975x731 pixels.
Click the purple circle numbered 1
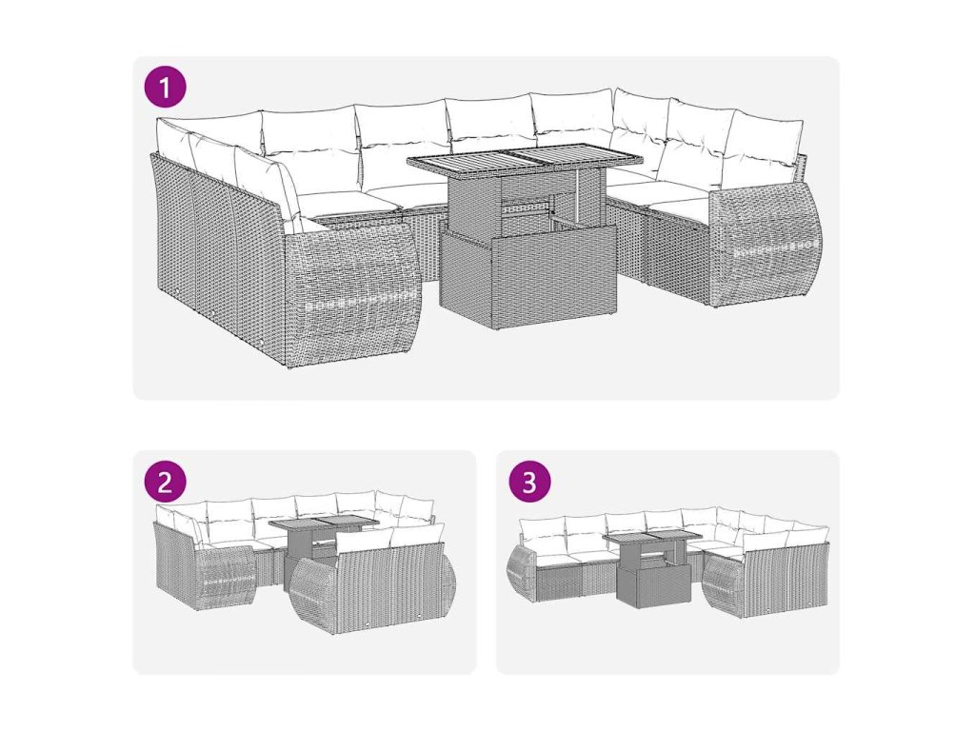coord(165,88)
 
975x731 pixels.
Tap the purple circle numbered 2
coord(165,482)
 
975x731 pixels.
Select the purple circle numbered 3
coord(529,482)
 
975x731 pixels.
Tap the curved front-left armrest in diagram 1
coord(351,292)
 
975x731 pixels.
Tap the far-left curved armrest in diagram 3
coord(521,573)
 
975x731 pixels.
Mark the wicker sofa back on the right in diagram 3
coord(786,574)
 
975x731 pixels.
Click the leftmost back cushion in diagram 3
coord(541,531)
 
